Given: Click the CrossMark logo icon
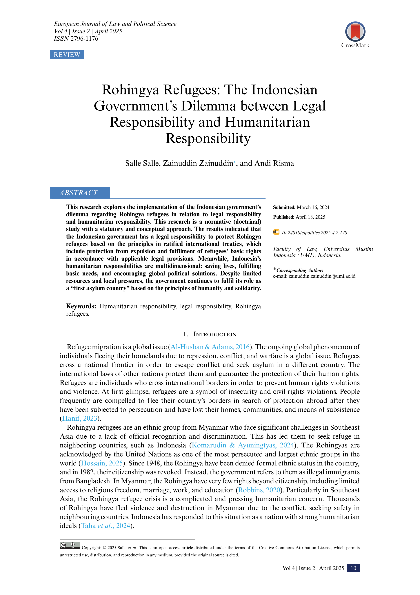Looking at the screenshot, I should [x=355, y=32].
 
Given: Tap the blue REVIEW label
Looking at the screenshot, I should [x=67, y=55].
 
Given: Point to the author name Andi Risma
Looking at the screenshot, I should [x=274, y=163].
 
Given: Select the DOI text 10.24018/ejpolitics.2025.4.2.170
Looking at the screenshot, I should [x=314, y=233].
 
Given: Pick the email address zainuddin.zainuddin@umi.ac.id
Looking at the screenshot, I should [x=322, y=276].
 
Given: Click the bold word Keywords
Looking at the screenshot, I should [x=81, y=306].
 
